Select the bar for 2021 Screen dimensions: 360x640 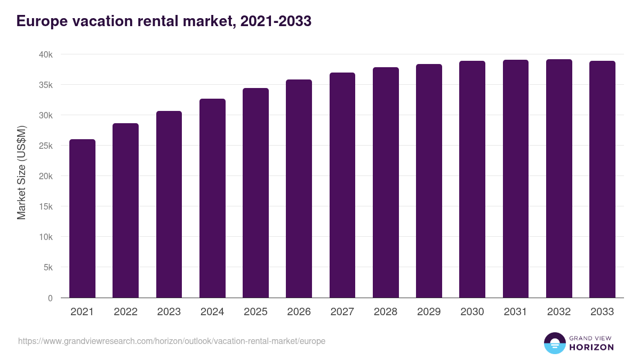(x=82, y=219)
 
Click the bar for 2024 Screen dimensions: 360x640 (x=212, y=198)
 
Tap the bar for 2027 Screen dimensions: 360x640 (x=342, y=185)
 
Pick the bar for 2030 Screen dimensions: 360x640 (x=473, y=179)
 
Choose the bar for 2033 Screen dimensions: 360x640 (x=602, y=179)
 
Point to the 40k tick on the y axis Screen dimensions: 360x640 (x=46, y=55)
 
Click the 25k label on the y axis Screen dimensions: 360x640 (x=46, y=146)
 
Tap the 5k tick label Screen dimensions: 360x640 (x=48, y=268)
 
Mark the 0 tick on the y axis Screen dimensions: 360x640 (x=50, y=298)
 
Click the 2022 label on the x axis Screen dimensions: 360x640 (x=125, y=312)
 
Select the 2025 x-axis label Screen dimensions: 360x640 (x=255, y=312)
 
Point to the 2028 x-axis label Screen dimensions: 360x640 (x=386, y=312)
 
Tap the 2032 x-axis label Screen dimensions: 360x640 (x=559, y=312)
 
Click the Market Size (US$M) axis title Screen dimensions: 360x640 (x=21, y=172)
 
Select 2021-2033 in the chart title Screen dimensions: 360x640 (x=276, y=21)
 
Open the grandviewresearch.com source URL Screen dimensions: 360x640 (x=171, y=341)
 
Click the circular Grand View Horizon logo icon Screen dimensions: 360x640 (x=554, y=343)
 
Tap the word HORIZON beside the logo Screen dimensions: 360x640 (x=591, y=347)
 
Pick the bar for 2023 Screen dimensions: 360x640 (x=169, y=204)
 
